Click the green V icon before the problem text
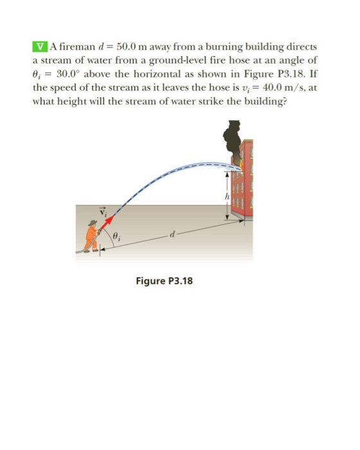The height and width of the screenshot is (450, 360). [x=40, y=46]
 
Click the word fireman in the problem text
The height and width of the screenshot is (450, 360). [x=72, y=46]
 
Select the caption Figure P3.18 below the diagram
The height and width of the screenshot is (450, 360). [x=165, y=281]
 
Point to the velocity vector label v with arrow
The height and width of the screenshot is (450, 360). [x=100, y=210]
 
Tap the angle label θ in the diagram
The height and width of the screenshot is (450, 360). [x=116, y=237]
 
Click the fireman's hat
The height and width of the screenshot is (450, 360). [x=93, y=223]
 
